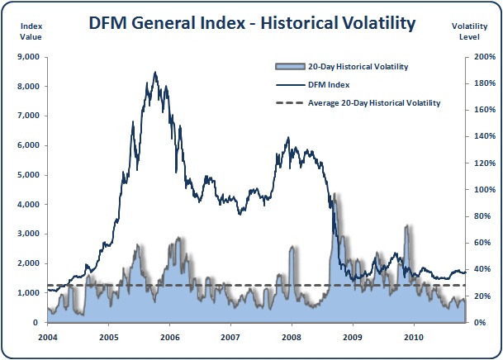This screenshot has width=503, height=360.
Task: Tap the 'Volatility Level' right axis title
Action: [470, 31]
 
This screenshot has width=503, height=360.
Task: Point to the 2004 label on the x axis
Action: [47, 337]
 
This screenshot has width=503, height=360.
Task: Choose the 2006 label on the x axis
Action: [169, 337]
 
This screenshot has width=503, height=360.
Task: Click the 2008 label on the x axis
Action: [292, 337]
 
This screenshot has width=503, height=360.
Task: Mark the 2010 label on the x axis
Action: [414, 337]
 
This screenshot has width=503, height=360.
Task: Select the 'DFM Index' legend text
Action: [329, 84]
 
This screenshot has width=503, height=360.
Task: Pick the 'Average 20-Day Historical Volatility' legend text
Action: [373, 103]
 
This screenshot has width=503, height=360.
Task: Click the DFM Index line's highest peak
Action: [155, 73]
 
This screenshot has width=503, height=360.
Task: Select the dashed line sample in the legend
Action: [287, 103]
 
